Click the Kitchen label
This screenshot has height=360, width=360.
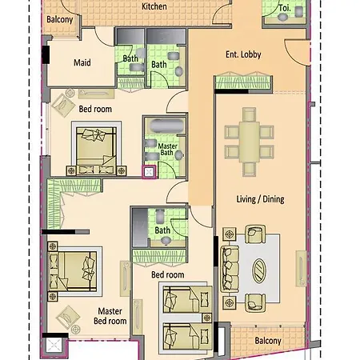click(154, 6)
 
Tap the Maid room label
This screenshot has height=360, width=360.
click(82, 62)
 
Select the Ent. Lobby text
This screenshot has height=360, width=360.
click(243, 54)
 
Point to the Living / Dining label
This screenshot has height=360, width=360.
click(260, 199)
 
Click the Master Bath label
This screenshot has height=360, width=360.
click(167, 150)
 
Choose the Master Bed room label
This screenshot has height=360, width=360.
click(110, 316)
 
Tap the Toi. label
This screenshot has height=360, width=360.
click(285, 8)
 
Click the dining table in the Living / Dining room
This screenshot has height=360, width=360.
click(249, 142)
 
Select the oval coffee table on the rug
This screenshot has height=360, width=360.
click(259, 271)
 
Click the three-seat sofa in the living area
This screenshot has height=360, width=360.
click(230, 269)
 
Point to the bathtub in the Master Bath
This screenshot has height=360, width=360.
click(166, 125)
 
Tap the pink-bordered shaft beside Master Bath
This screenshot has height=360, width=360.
click(149, 172)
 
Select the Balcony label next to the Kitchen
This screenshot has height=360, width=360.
click(59, 19)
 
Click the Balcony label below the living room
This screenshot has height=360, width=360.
click(268, 341)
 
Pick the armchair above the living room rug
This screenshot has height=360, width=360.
click(255, 234)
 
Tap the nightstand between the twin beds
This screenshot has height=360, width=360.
click(206, 318)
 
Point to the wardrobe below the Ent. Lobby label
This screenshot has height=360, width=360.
click(243, 82)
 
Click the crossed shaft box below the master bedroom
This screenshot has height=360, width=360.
click(54, 346)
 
